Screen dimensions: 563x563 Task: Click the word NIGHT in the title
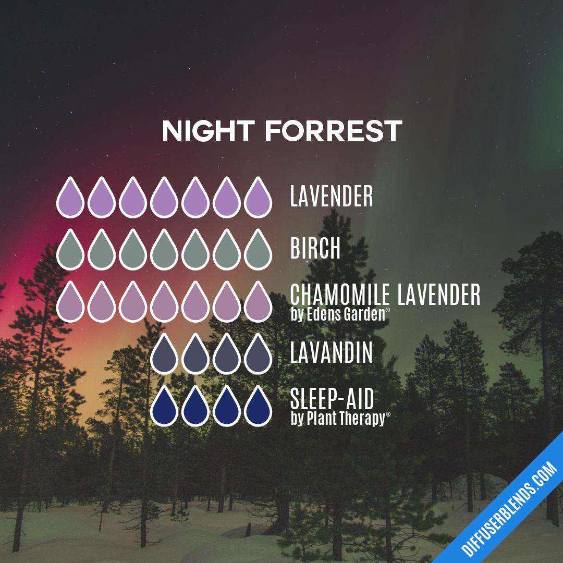click(209, 131)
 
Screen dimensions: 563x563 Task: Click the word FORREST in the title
click(334, 131)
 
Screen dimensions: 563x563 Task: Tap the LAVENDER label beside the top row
click(332, 197)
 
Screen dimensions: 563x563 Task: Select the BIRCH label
click(315, 249)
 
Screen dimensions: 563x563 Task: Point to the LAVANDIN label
click(332, 353)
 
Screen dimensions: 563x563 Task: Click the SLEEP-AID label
click(332, 400)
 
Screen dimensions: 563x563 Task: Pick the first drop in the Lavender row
click(70, 199)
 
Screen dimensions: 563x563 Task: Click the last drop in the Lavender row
click(258, 199)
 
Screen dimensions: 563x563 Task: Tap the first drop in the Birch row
click(70, 251)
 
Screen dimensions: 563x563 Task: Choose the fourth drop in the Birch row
click(164, 251)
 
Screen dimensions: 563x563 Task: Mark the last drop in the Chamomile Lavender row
click(258, 303)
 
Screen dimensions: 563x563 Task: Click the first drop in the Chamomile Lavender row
click(70, 303)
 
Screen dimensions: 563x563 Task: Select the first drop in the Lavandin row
click(164, 356)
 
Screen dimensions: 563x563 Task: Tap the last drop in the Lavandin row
click(258, 356)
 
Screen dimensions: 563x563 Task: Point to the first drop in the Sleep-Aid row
click(164, 408)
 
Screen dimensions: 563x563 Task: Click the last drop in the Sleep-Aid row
click(258, 408)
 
